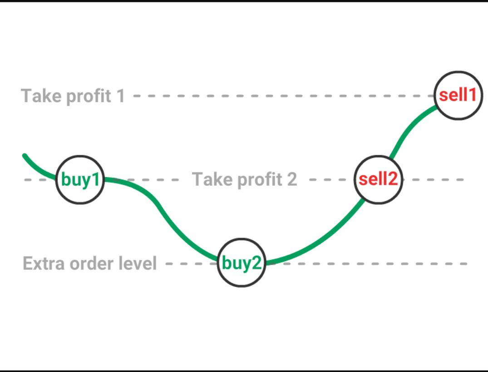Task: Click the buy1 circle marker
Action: [80, 180]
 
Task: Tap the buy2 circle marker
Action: [241, 263]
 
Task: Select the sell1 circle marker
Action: [458, 95]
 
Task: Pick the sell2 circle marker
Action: [378, 179]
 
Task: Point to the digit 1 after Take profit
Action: [120, 96]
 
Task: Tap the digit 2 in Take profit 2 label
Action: [291, 180]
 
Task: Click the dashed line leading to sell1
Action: [281, 96]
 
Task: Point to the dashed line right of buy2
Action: [363, 263]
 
